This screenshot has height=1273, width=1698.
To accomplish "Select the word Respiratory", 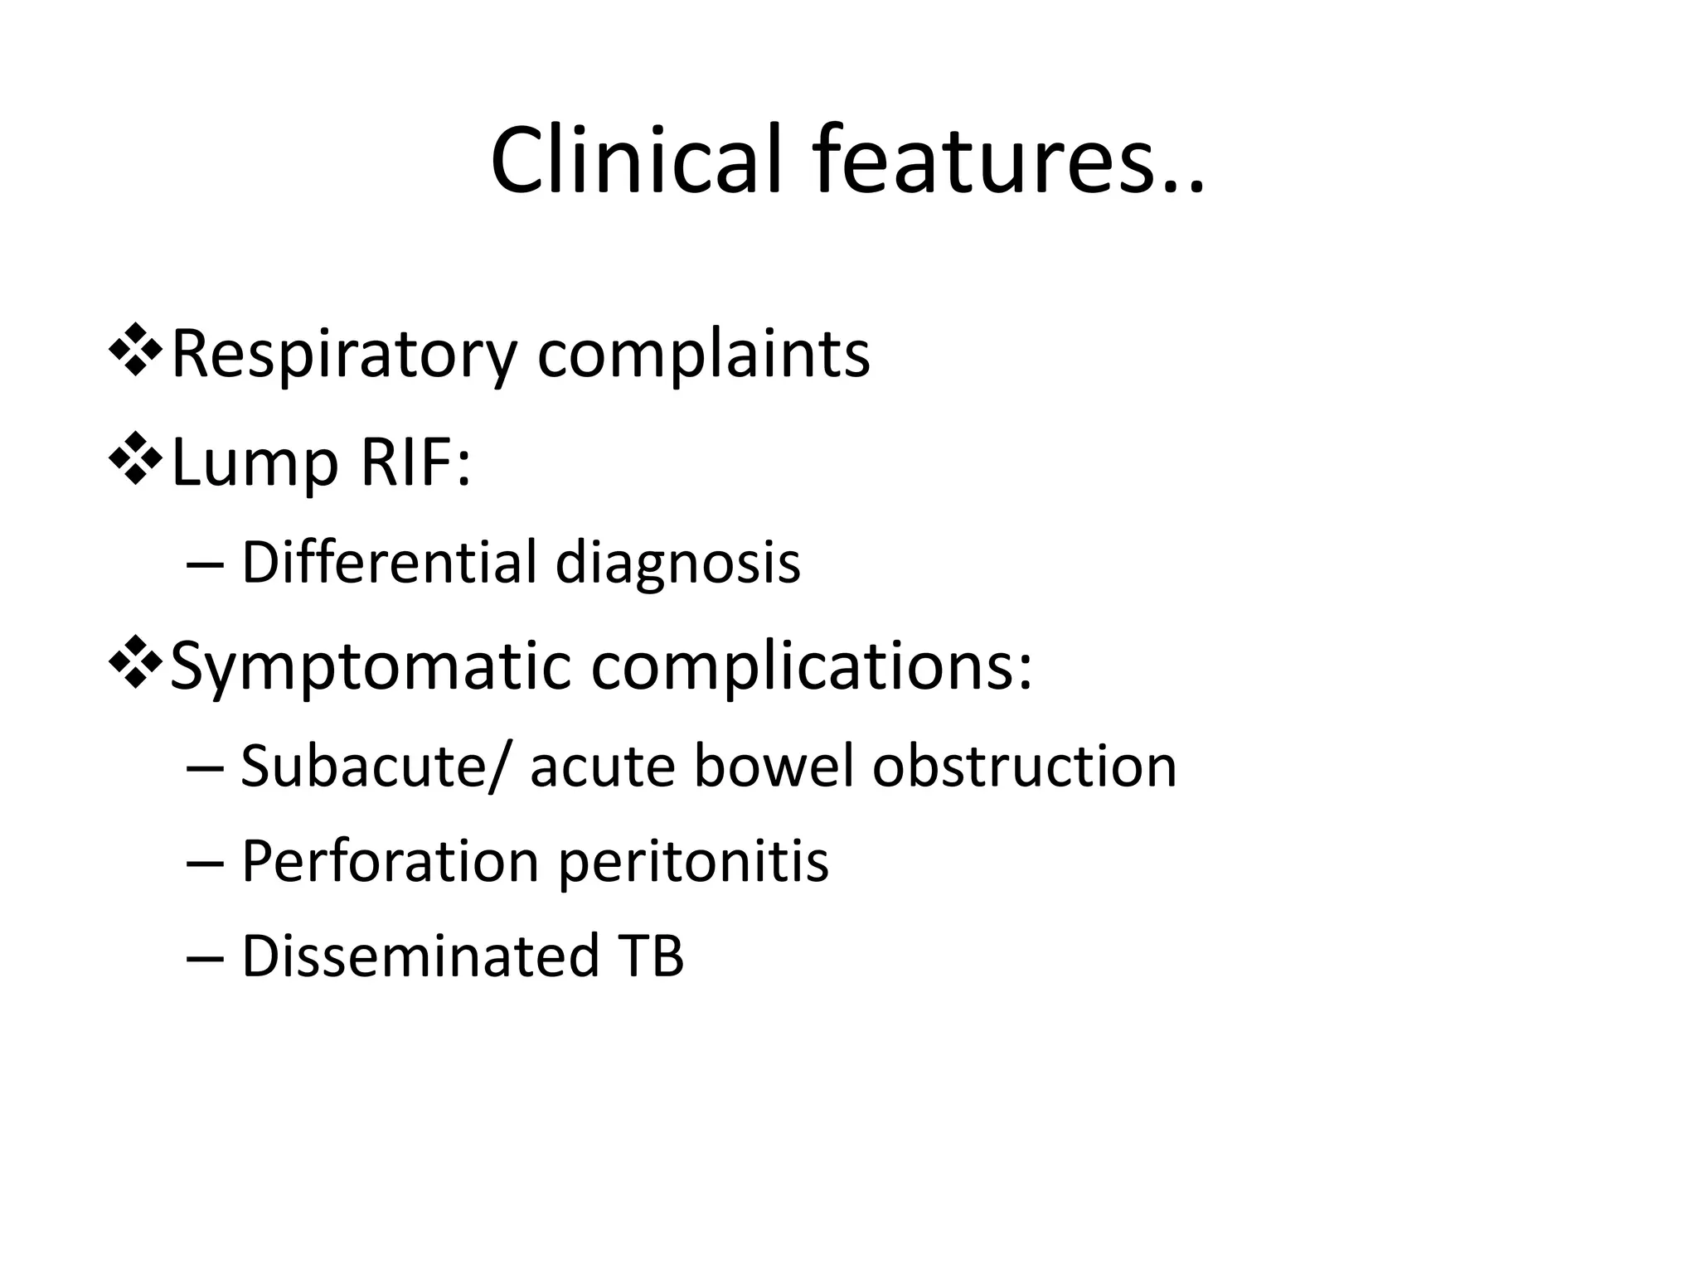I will [343, 356].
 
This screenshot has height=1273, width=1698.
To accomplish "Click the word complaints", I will [704, 356].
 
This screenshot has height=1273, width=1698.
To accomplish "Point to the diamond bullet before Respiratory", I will [134, 351].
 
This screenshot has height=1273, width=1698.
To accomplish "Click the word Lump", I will [255, 464].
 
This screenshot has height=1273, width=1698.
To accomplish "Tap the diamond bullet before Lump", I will [134, 459].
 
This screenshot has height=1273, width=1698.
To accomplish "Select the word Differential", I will [390, 562].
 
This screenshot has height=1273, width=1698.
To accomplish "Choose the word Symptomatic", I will [371, 668].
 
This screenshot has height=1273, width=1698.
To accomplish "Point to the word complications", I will [804, 668].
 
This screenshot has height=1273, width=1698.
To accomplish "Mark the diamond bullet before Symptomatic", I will [134, 663].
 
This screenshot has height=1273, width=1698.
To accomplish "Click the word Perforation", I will [391, 861].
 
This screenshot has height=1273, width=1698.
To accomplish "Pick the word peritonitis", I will [693, 863].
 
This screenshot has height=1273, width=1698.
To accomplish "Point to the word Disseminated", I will [420, 956].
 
